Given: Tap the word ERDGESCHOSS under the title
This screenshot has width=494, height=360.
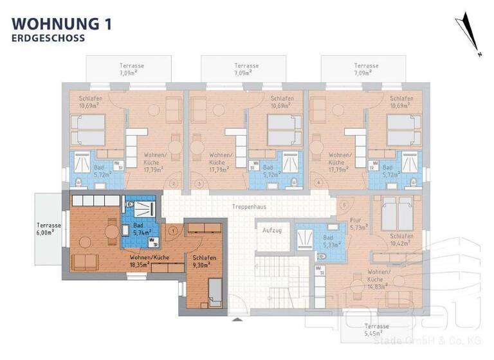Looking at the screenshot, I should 48,38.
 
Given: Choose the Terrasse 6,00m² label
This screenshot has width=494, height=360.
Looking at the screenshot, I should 50,230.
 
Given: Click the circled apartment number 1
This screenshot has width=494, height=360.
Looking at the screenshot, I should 172,230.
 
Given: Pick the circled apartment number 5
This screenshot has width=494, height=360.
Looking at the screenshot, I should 344,205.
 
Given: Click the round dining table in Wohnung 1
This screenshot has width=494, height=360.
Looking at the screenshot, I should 86,242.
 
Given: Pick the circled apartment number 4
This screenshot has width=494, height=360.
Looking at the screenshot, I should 318,183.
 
